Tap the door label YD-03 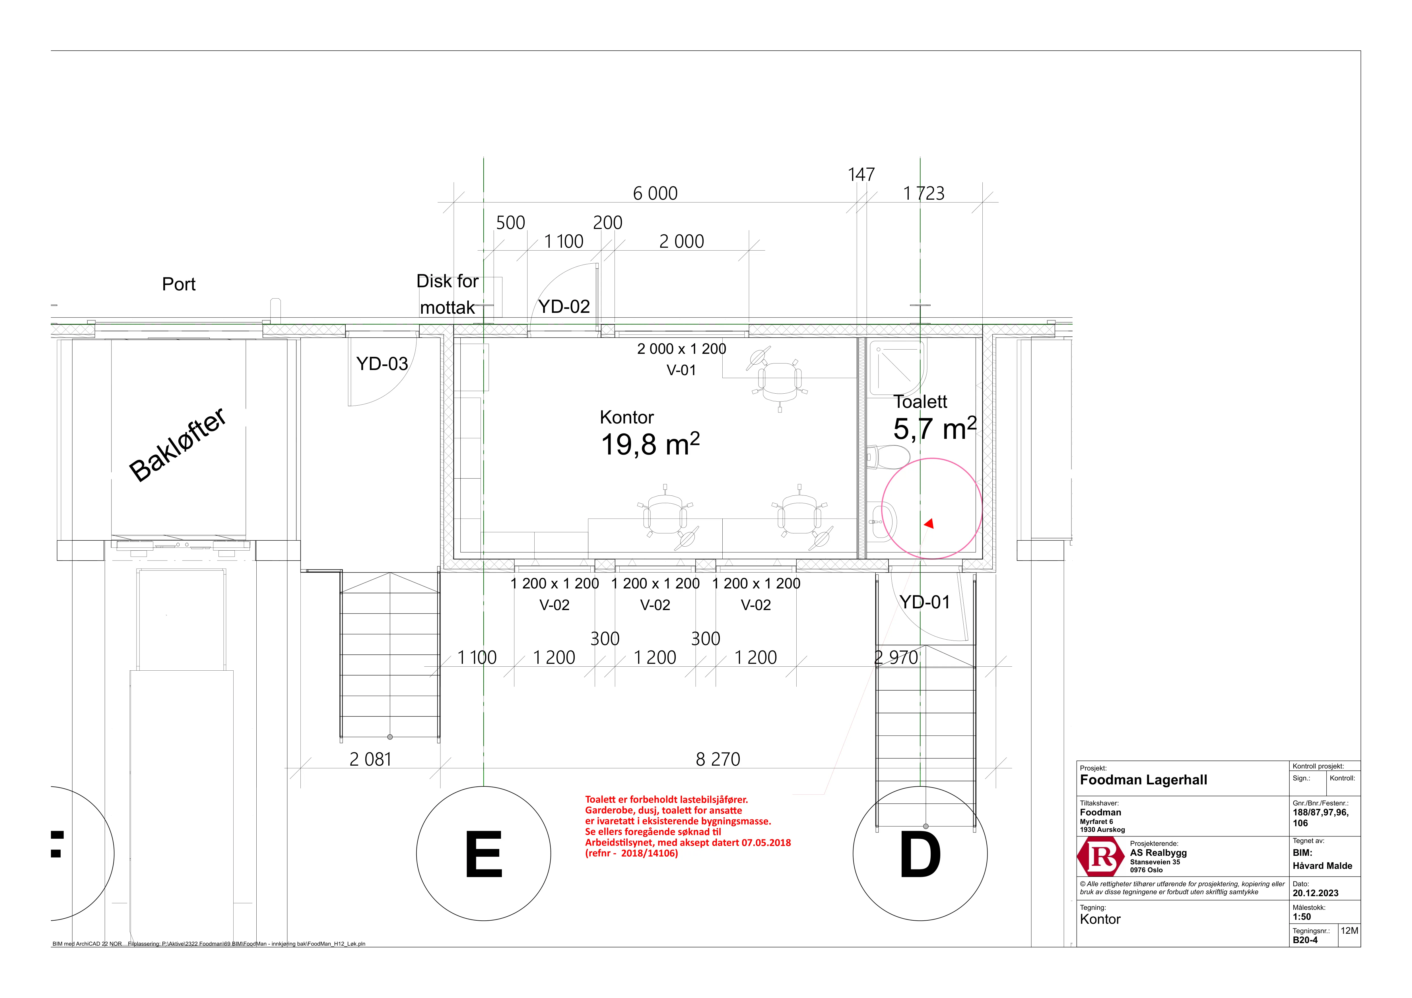382,364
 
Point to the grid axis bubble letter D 920,855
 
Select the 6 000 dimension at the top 656,194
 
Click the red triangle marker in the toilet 929,524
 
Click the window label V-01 681,370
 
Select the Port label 179,284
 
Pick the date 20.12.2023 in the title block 1316,893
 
